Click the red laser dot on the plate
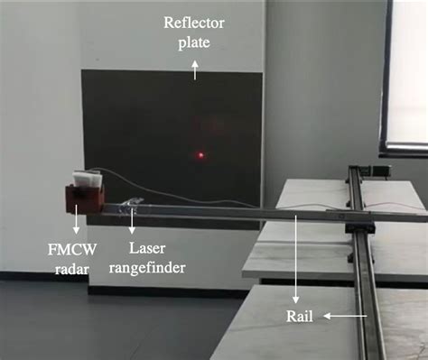click(x=200, y=155)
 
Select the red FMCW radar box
click(x=84, y=193)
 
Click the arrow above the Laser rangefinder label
click(x=133, y=219)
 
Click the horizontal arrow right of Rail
click(x=348, y=316)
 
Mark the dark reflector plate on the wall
click(x=172, y=135)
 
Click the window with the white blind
click(x=405, y=72)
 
